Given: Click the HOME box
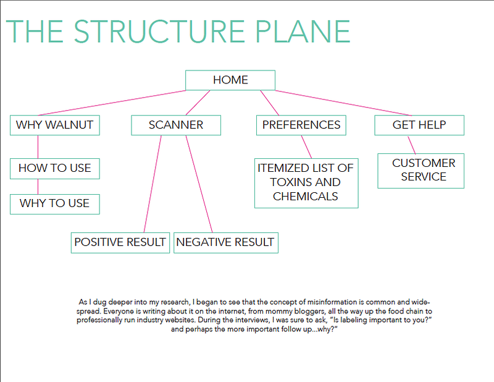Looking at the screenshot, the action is [x=230, y=80].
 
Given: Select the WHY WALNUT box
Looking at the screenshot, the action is [x=55, y=125].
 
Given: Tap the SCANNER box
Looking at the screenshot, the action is [x=176, y=125].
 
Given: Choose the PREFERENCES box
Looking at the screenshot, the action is [x=301, y=125].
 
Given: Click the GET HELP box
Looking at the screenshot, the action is [x=419, y=125].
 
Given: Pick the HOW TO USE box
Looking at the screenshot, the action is [x=55, y=169].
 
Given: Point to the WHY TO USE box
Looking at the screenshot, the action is [x=55, y=204].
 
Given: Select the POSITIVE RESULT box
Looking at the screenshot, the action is [x=120, y=242].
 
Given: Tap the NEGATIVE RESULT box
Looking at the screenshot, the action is [x=226, y=242].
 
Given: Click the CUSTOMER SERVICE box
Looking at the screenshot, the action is [x=421, y=171].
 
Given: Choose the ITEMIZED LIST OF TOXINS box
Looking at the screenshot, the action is [x=306, y=183].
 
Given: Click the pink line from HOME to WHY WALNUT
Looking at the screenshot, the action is [x=112, y=103].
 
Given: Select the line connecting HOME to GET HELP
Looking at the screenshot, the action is [x=343, y=103].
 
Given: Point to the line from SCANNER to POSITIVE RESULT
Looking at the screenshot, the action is [x=153, y=184].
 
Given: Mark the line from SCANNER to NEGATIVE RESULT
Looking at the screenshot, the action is [x=199, y=184].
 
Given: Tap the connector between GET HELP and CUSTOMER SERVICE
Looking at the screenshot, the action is [x=412, y=145].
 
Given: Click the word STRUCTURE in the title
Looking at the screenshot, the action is [x=159, y=32].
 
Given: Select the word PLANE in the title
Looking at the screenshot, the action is [x=303, y=32].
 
